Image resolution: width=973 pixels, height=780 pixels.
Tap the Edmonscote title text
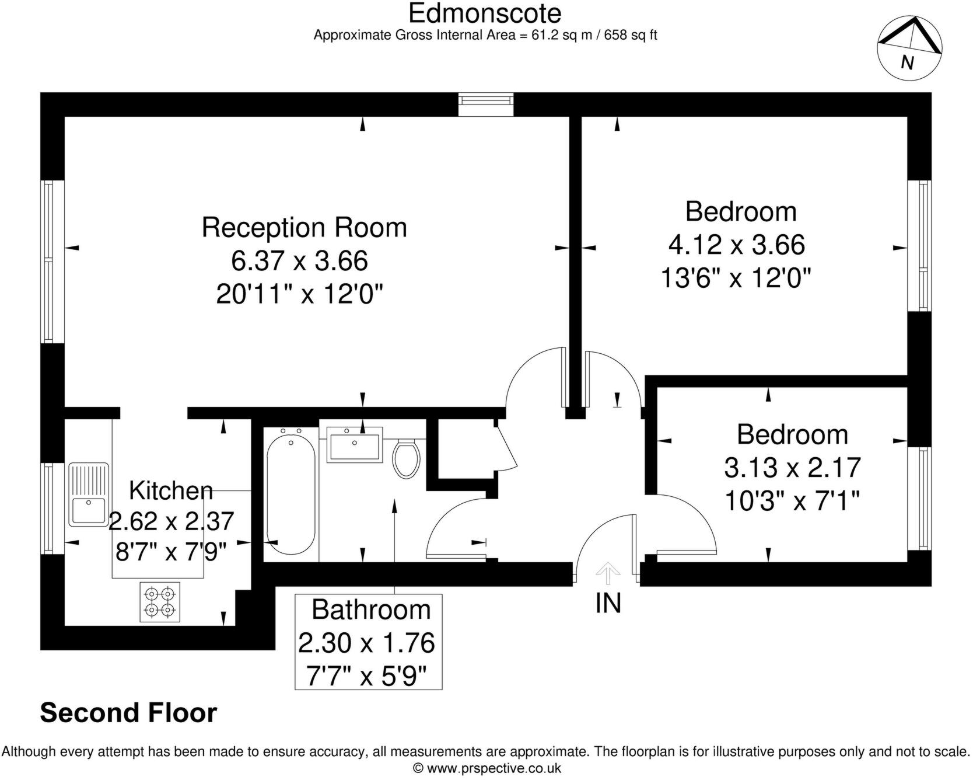(x=485, y=13)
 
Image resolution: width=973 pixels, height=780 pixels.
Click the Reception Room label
(x=304, y=228)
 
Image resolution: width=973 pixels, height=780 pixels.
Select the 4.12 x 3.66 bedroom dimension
(x=736, y=245)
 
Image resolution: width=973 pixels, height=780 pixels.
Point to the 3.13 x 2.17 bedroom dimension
(x=792, y=468)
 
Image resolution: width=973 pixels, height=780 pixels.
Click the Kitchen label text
(x=170, y=490)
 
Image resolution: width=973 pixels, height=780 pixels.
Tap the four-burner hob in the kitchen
(x=160, y=602)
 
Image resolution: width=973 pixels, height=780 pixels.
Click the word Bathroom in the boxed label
(x=371, y=610)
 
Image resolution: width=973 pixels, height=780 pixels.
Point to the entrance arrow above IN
(x=608, y=573)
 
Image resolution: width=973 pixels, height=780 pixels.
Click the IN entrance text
(x=608, y=603)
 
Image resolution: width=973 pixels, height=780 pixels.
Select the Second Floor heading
(x=128, y=713)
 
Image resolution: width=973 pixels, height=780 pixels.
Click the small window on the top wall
(x=486, y=104)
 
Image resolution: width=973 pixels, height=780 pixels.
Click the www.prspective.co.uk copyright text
(x=487, y=768)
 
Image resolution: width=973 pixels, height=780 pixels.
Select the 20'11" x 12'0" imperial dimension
(x=299, y=294)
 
